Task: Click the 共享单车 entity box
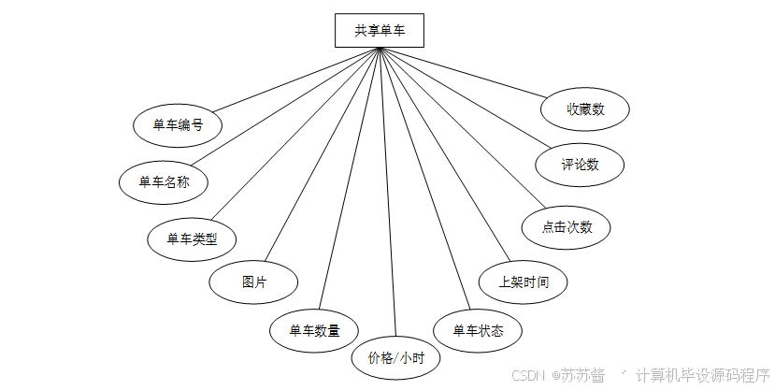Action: pyautogui.click(x=380, y=30)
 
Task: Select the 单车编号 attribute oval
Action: pyautogui.click(x=178, y=124)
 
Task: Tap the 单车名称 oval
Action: pyautogui.click(x=164, y=182)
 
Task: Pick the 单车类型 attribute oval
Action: pyautogui.click(x=192, y=238)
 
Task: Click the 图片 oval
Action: pyautogui.click(x=253, y=282)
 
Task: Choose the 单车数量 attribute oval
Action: pyautogui.click(x=314, y=329)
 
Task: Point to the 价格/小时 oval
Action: pyautogui.click(x=396, y=357)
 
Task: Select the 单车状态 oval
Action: pyautogui.click(x=478, y=330)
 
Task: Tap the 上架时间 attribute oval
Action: pyautogui.click(x=524, y=281)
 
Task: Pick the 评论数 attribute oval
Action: pyautogui.click(x=580, y=165)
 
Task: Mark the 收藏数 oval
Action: pyautogui.click(x=585, y=108)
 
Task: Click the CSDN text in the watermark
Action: pyautogui.click(x=528, y=374)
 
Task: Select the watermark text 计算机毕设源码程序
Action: pyautogui.click(x=702, y=374)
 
